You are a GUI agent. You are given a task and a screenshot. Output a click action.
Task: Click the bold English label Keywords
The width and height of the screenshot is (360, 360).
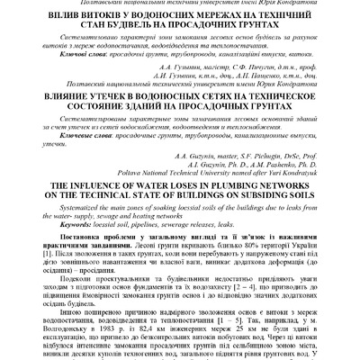[61, 220]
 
